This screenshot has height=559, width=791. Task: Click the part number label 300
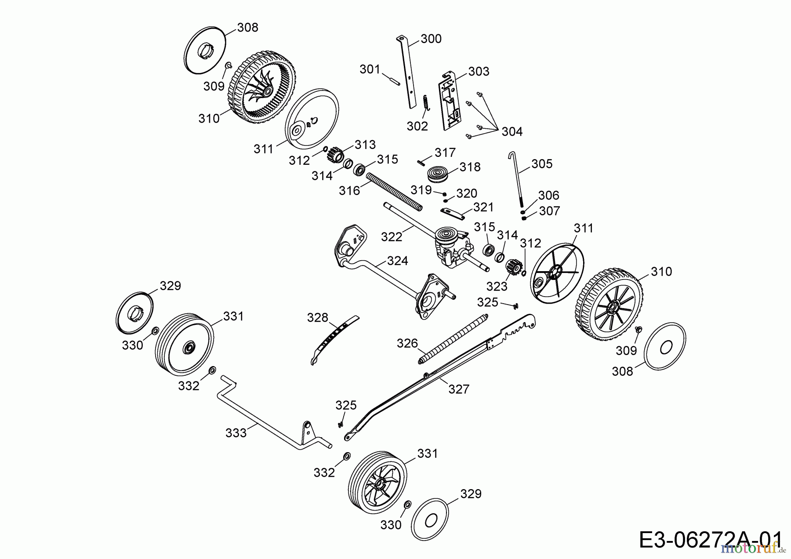(x=431, y=39)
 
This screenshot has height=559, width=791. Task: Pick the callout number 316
(x=349, y=190)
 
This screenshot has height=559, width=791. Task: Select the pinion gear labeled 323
(x=513, y=267)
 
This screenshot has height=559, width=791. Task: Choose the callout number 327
(x=459, y=389)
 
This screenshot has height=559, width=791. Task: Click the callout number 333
(x=236, y=433)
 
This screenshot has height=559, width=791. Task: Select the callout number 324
(x=397, y=261)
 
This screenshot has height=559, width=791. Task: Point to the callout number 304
(x=512, y=131)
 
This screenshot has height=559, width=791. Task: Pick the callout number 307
(x=549, y=211)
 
